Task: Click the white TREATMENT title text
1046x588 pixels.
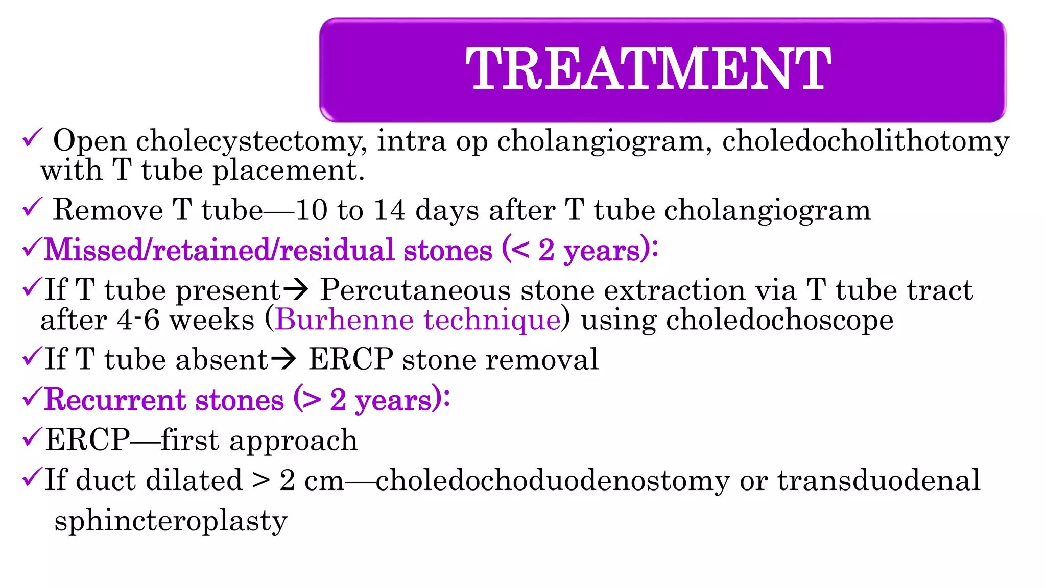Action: pyautogui.click(x=648, y=69)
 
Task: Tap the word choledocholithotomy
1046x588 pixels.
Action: pyautogui.click(x=865, y=141)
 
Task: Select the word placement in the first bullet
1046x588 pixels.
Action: pyautogui.click(x=288, y=170)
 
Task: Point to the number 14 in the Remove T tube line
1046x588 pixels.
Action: pyautogui.click(x=389, y=210)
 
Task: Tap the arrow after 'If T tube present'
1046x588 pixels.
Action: pyautogui.click(x=296, y=290)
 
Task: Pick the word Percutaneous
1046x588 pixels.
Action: pyautogui.click(x=415, y=290)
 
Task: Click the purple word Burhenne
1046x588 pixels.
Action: pyautogui.click(x=344, y=320)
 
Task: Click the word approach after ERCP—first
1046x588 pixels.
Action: pyautogui.click(x=293, y=440)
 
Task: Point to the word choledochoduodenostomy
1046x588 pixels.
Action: pyautogui.click(x=553, y=480)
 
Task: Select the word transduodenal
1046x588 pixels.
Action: pyautogui.click(x=878, y=480)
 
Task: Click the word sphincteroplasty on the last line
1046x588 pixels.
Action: pyautogui.click(x=171, y=521)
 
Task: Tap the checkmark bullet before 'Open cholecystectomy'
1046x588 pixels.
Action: pyautogui.click(x=32, y=138)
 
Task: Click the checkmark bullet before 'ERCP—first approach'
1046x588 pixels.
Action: pyautogui.click(x=32, y=437)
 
